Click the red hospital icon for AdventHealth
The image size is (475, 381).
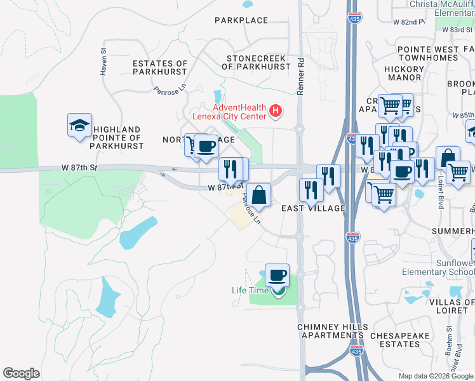[275, 112]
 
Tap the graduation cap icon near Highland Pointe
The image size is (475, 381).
[80, 126]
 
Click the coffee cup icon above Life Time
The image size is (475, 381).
[277, 275]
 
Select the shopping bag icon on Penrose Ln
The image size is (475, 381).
[258, 194]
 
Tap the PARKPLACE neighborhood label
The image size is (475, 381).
[241, 21]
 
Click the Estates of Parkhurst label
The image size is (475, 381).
[160, 67]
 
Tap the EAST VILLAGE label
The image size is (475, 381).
[313, 208]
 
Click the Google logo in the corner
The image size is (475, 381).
[22, 373]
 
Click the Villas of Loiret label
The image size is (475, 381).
[452, 307]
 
